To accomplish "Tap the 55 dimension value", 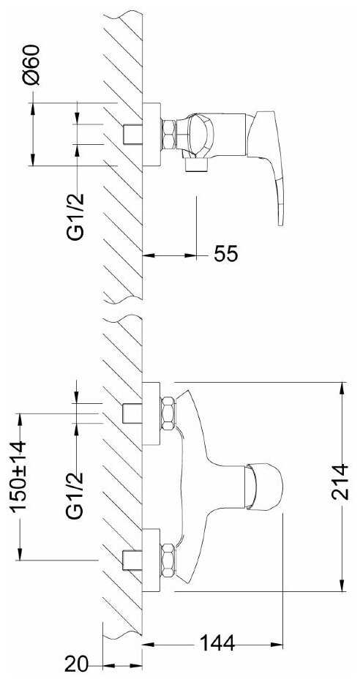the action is [225, 254].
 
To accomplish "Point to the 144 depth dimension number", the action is [217, 643].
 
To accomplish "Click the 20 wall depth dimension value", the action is [77, 664].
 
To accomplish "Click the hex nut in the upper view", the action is [168, 135].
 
